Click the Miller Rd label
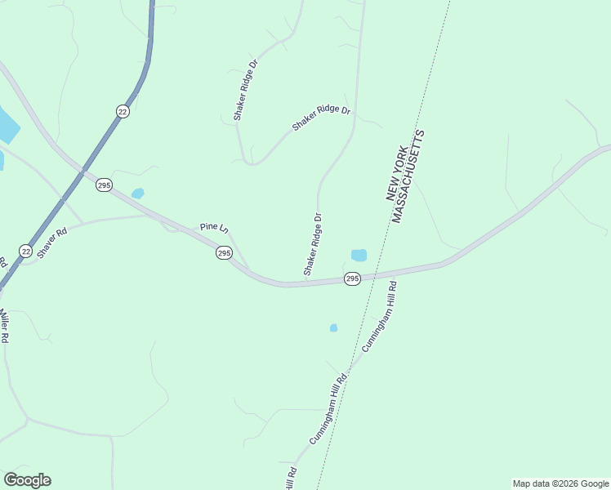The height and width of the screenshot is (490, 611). pos(4,324)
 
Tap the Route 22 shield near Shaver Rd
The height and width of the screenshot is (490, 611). pos(25,251)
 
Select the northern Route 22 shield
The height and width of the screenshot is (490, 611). pos(123,111)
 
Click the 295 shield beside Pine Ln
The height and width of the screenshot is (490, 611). pos(224,253)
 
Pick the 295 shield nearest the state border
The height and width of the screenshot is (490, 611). pos(352,278)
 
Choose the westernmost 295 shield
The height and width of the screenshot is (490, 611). pos(104,185)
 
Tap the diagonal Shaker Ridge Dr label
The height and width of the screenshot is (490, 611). pos(321,118)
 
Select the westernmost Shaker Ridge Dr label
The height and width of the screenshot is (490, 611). pos(245,90)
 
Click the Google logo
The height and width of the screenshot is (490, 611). pos(27,480)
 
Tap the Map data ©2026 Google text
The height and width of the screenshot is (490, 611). pos(561,483)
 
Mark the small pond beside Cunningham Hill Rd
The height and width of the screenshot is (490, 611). pos(333,328)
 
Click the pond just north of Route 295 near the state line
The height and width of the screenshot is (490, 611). pos(359,255)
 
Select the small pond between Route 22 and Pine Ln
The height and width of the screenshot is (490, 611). pos(137,194)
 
